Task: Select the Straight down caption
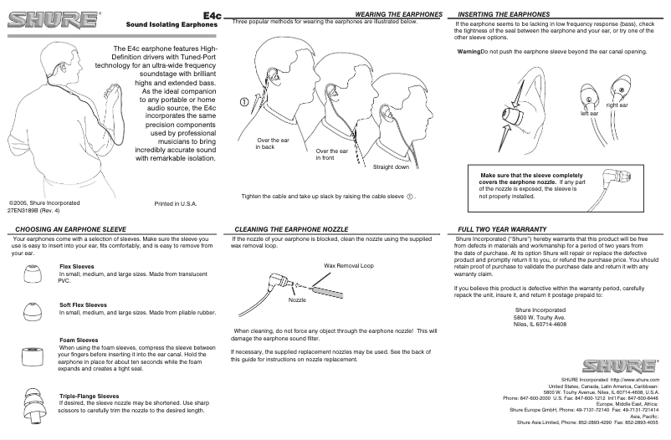391,166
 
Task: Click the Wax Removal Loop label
348,265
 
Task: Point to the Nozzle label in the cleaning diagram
298,299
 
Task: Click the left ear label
590,113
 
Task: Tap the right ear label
617,105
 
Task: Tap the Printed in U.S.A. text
176,203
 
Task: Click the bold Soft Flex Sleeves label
83,304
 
